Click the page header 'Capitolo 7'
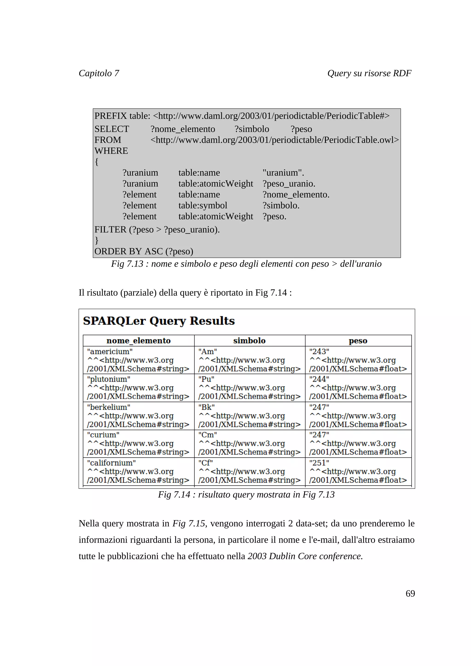(x=99, y=73)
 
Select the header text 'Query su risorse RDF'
(x=369, y=73)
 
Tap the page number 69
(x=410, y=593)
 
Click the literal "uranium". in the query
(x=283, y=173)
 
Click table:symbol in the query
(x=203, y=205)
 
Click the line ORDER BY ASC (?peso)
(x=144, y=251)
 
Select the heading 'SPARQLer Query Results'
(x=159, y=321)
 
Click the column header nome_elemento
(x=138, y=341)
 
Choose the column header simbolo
(x=249, y=341)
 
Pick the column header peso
(x=358, y=341)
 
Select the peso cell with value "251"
(x=358, y=471)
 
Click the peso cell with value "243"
(x=358, y=360)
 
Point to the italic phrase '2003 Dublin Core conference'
(x=305, y=556)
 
